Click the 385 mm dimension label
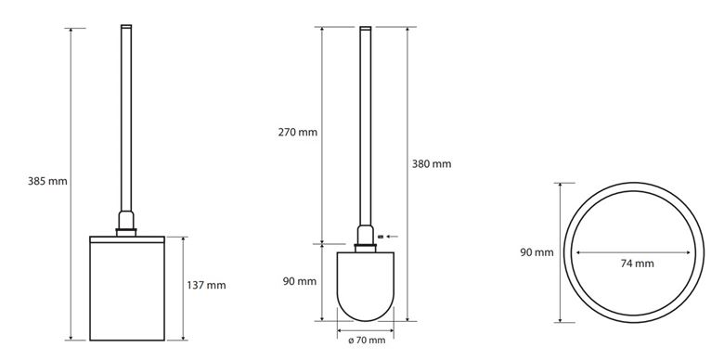click(x=47, y=181)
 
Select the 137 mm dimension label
click(x=206, y=285)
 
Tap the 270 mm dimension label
click(x=298, y=133)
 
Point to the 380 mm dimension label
click(x=432, y=164)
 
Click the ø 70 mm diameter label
click(x=367, y=341)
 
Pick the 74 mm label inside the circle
click(x=637, y=264)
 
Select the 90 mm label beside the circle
click(x=537, y=253)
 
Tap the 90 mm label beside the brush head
click(x=300, y=281)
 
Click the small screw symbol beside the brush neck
click(x=381, y=237)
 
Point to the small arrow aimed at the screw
click(x=392, y=237)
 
